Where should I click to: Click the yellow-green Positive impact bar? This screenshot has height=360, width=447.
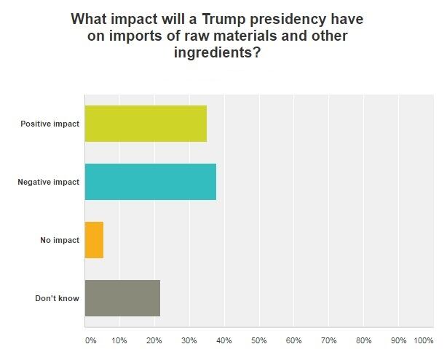146,124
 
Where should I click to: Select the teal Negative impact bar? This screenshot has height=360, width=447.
151,182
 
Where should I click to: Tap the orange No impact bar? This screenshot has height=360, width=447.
94,240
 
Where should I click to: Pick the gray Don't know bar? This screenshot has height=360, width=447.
122,298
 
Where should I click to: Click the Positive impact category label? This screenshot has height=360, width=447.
50,124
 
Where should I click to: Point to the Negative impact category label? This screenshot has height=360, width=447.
48,182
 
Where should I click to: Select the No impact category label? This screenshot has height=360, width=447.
59,240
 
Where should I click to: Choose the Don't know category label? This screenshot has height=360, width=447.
57,298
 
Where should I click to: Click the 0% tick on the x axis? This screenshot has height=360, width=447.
90,340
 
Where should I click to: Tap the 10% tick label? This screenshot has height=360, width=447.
119,340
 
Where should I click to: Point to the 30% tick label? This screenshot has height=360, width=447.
189,340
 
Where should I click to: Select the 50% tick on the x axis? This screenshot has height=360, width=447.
259,340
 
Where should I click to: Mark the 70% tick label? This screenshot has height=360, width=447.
329,340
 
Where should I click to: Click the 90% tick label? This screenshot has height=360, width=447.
399,340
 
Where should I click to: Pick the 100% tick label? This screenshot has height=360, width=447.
423,340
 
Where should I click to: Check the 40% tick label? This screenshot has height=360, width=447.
224,340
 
